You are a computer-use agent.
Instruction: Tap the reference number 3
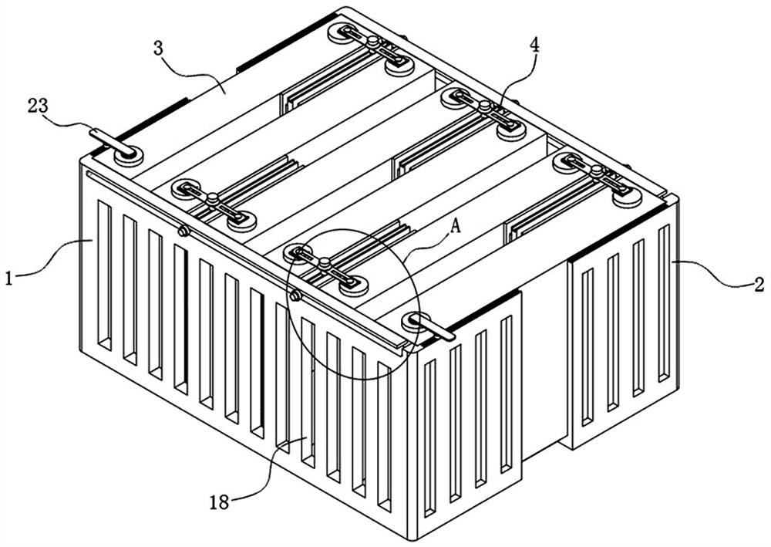[x=157, y=49]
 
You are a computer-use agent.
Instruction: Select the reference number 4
[x=534, y=46]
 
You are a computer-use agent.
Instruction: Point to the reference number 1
[x=8, y=279]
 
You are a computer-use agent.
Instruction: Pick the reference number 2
[x=759, y=284]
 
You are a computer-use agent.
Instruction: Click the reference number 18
[x=219, y=502]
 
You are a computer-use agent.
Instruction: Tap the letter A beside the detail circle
[x=456, y=227]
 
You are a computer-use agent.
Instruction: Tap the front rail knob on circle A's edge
[x=295, y=295]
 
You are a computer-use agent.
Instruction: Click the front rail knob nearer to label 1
[x=183, y=230]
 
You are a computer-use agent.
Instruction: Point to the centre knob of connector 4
[x=485, y=106]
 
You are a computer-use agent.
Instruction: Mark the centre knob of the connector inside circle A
[x=324, y=264]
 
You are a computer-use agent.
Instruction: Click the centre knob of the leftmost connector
[x=213, y=199]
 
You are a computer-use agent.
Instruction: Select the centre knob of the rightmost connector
[x=597, y=171]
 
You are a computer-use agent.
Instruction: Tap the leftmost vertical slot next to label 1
[x=104, y=275]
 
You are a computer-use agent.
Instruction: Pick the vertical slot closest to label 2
[x=664, y=304]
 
